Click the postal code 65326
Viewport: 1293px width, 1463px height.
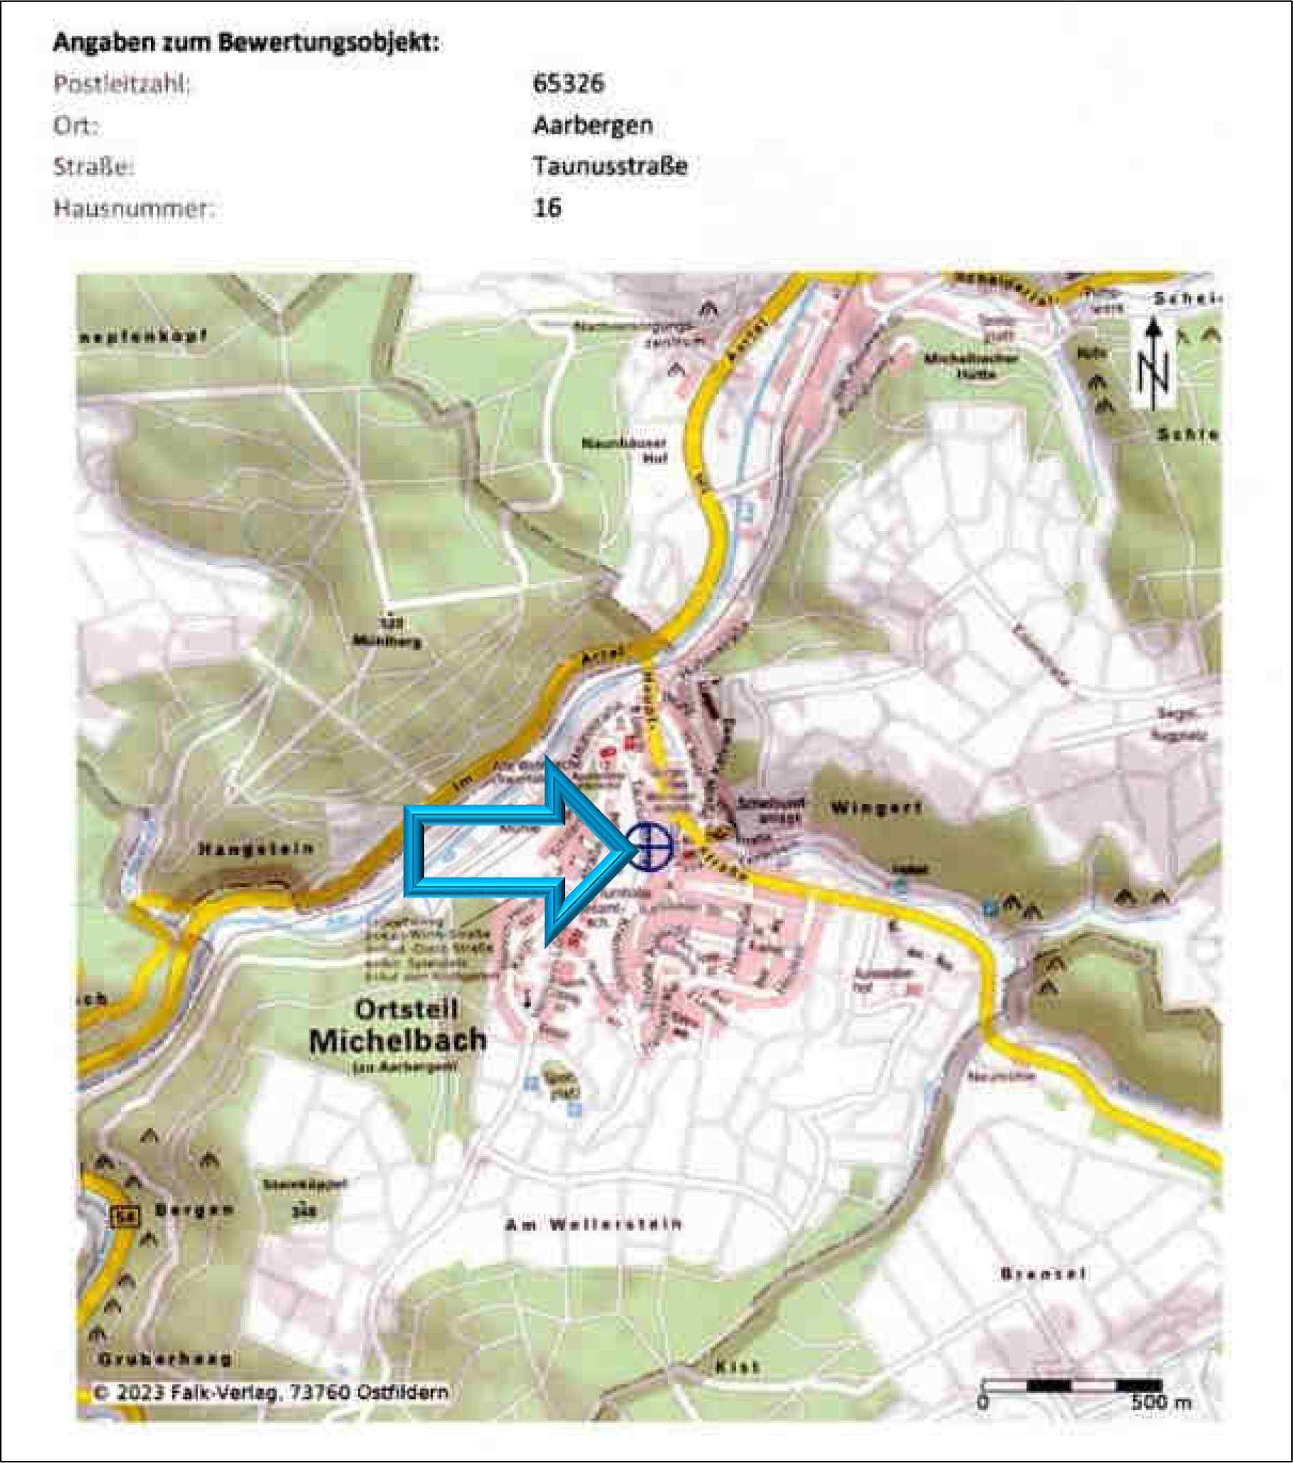pos(569,84)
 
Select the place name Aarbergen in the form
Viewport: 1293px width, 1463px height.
pos(593,126)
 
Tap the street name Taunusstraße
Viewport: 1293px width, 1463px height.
pos(610,166)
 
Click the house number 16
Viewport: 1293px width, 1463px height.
pos(547,208)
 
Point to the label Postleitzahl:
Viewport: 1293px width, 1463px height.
pos(122,84)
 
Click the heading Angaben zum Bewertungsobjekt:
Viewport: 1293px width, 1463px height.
pos(247,43)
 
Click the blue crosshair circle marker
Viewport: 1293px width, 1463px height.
pos(650,847)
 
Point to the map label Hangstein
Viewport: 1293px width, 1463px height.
pos(255,849)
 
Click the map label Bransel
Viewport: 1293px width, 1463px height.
pos(1042,1273)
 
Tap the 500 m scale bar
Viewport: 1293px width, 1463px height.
pos(1072,1386)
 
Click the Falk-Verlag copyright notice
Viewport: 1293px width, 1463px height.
pos(270,1392)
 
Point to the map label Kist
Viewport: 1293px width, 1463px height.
pos(737,1367)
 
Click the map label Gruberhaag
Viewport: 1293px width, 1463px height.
pos(165,1359)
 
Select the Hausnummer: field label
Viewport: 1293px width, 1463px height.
pos(134,208)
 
